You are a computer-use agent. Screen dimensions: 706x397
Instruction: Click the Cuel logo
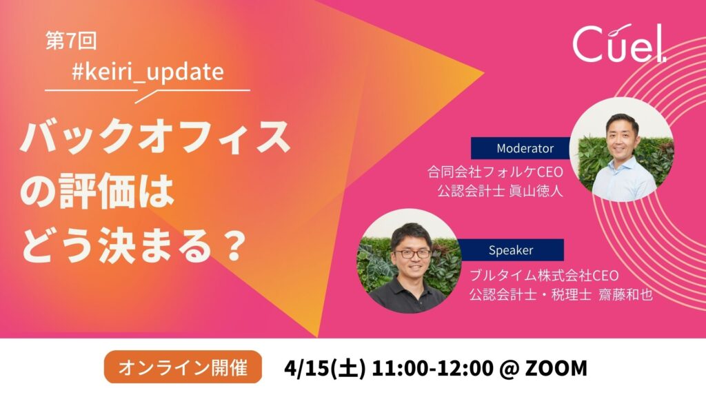click(x=619, y=43)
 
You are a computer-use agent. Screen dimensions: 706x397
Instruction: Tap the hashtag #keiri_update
click(x=148, y=72)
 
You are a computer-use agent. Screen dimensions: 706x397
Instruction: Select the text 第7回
click(x=71, y=41)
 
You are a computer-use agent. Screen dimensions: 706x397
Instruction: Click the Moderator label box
click(x=521, y=148)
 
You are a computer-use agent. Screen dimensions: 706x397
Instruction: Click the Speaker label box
click(x=511, y=250)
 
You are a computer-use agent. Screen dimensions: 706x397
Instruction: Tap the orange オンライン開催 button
click(x=183, y=367)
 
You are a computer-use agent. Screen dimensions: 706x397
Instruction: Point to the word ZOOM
click(x=556, y=368)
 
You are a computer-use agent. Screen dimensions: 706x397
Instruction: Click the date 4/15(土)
click(x=325, y=368)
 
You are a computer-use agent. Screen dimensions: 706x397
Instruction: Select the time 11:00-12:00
click(x=433, y=368)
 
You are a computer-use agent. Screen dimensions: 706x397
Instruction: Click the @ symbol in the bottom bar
click(x=510, y=368)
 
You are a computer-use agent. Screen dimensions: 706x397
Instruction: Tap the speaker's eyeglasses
click(x=412, y=254)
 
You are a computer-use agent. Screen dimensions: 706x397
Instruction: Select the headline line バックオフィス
click(x=155, y=136)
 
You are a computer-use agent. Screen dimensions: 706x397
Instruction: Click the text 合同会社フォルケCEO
click(x=495, y=172)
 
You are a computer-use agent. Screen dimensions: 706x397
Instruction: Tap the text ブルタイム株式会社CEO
click(x=544, y=275)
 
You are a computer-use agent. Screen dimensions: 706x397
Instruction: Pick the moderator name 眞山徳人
click(x=536, y=191)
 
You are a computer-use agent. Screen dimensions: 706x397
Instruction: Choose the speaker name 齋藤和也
click(x=625, y=294)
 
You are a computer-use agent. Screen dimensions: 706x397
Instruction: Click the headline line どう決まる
click(x=117, y=246)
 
